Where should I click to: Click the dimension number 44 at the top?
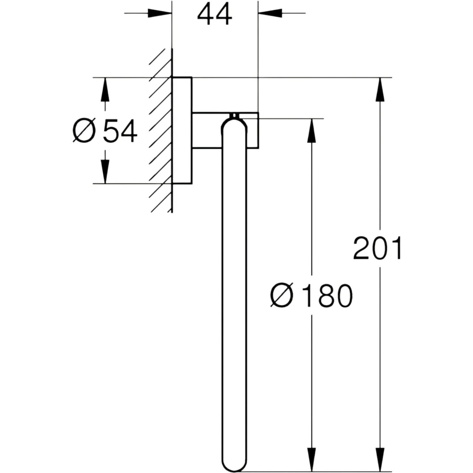coord(214,15)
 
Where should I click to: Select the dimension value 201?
coord(377,248)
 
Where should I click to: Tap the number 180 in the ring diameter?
coord(326,296)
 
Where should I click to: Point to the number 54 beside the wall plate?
coord(120,131)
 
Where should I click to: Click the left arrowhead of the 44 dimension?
coord(160,13)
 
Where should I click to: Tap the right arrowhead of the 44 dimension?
coord(270,13)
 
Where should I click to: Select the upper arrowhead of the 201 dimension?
coord(380,90)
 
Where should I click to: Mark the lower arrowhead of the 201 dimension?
coord(380,460)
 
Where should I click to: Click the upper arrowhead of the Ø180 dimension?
coord(312,131)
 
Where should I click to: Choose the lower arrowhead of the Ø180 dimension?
coord(312,460)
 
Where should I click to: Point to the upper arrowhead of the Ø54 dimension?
coord(105,90)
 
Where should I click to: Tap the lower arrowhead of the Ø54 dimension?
coord(105,172)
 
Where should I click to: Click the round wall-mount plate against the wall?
coord(182,130)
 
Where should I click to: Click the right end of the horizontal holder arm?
coord(258,130)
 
